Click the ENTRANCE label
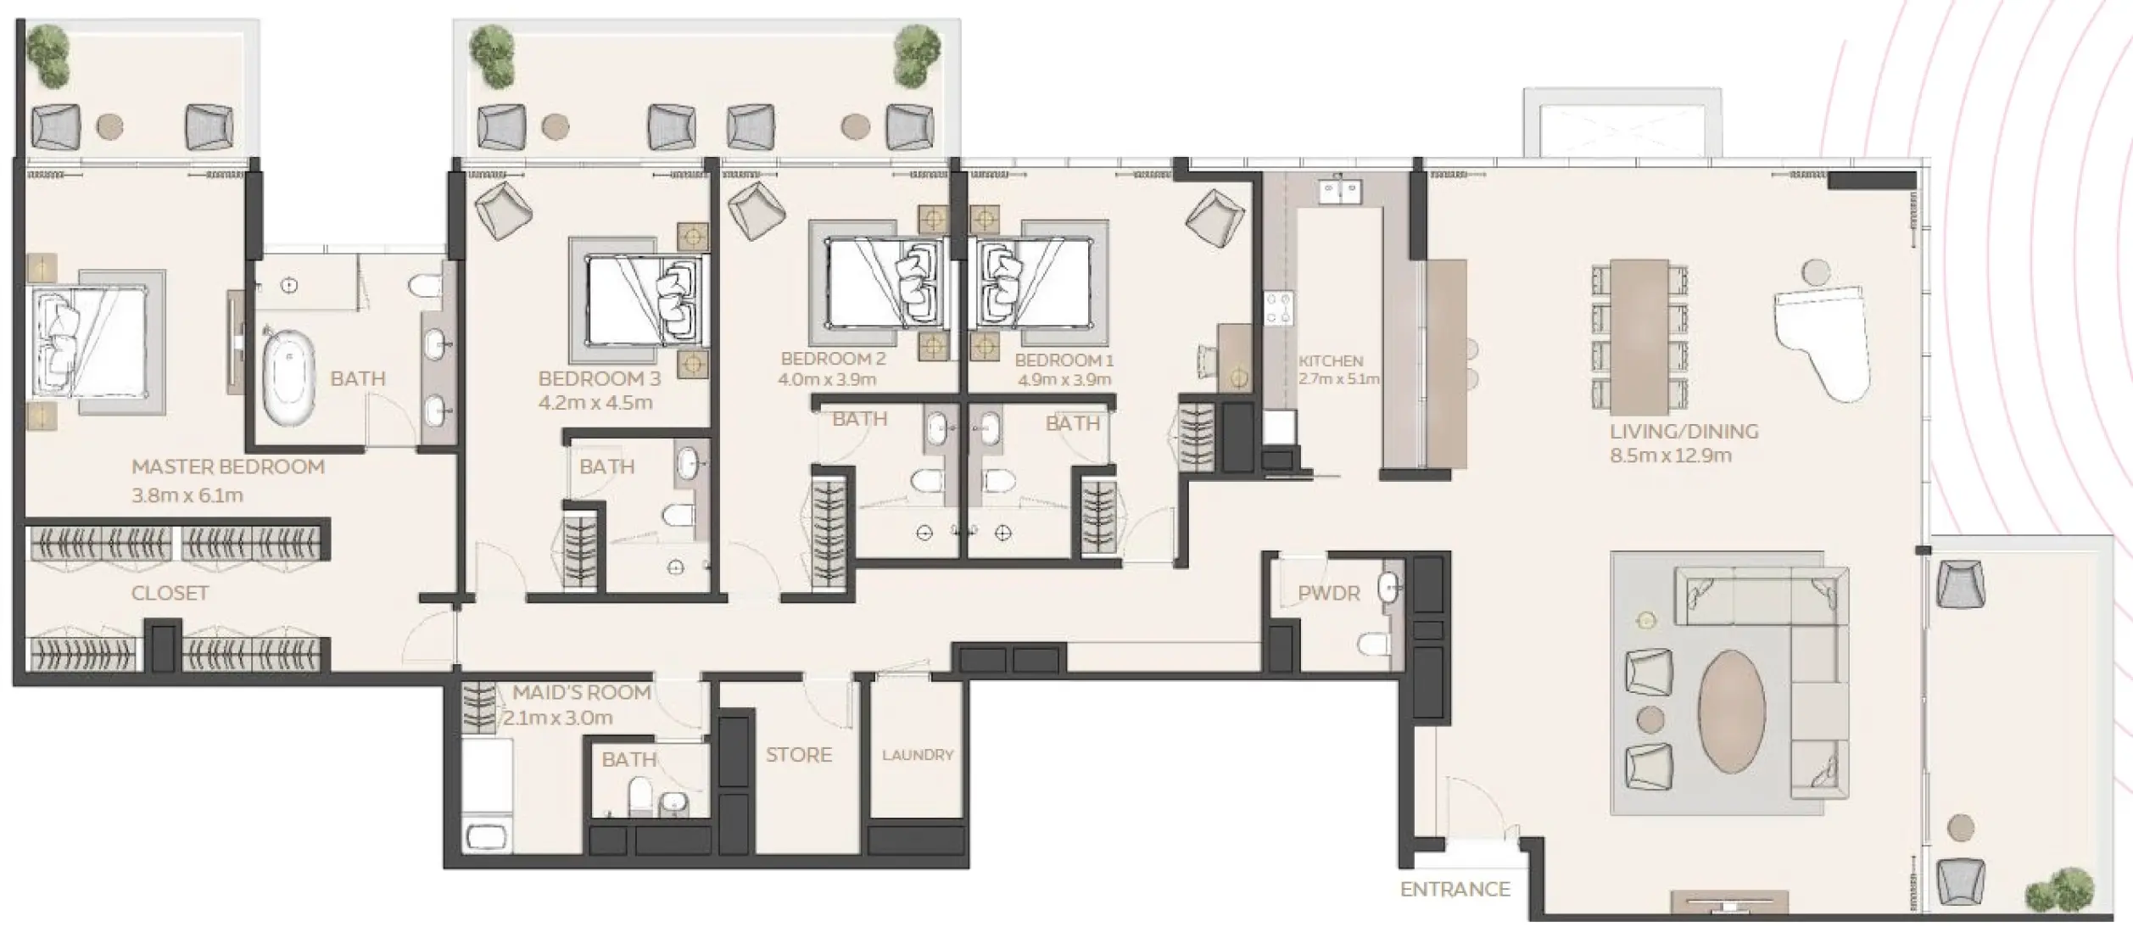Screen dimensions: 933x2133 pyautogui.click(x=1455, y=889)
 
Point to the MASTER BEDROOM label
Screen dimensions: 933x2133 pyautogui.click(x=228, y=466)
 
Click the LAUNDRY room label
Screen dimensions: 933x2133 pyautogui.click(x=918, y=755)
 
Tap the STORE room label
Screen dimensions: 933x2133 pyautogui.click(x=798, y=755)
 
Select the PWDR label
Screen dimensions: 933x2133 pyautogui.click(x=1328, y=594)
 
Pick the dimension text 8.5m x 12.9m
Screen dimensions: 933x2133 pyautogui.click(x=1670, y=455)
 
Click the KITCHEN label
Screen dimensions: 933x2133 pyautogui.click(x=1331, y=361)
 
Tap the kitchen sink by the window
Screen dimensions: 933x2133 pyautogui.click(x=1340, y=192)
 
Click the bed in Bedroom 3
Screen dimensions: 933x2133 pyautogui.click(x=643, y=299)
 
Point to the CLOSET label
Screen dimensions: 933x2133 pyautogui.click(x=170, y=593)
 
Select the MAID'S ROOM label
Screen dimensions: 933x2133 pyautogui.click(x=581, y=692)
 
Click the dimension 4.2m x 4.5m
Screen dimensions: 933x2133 pyautogui.click(x=595, y=402)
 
